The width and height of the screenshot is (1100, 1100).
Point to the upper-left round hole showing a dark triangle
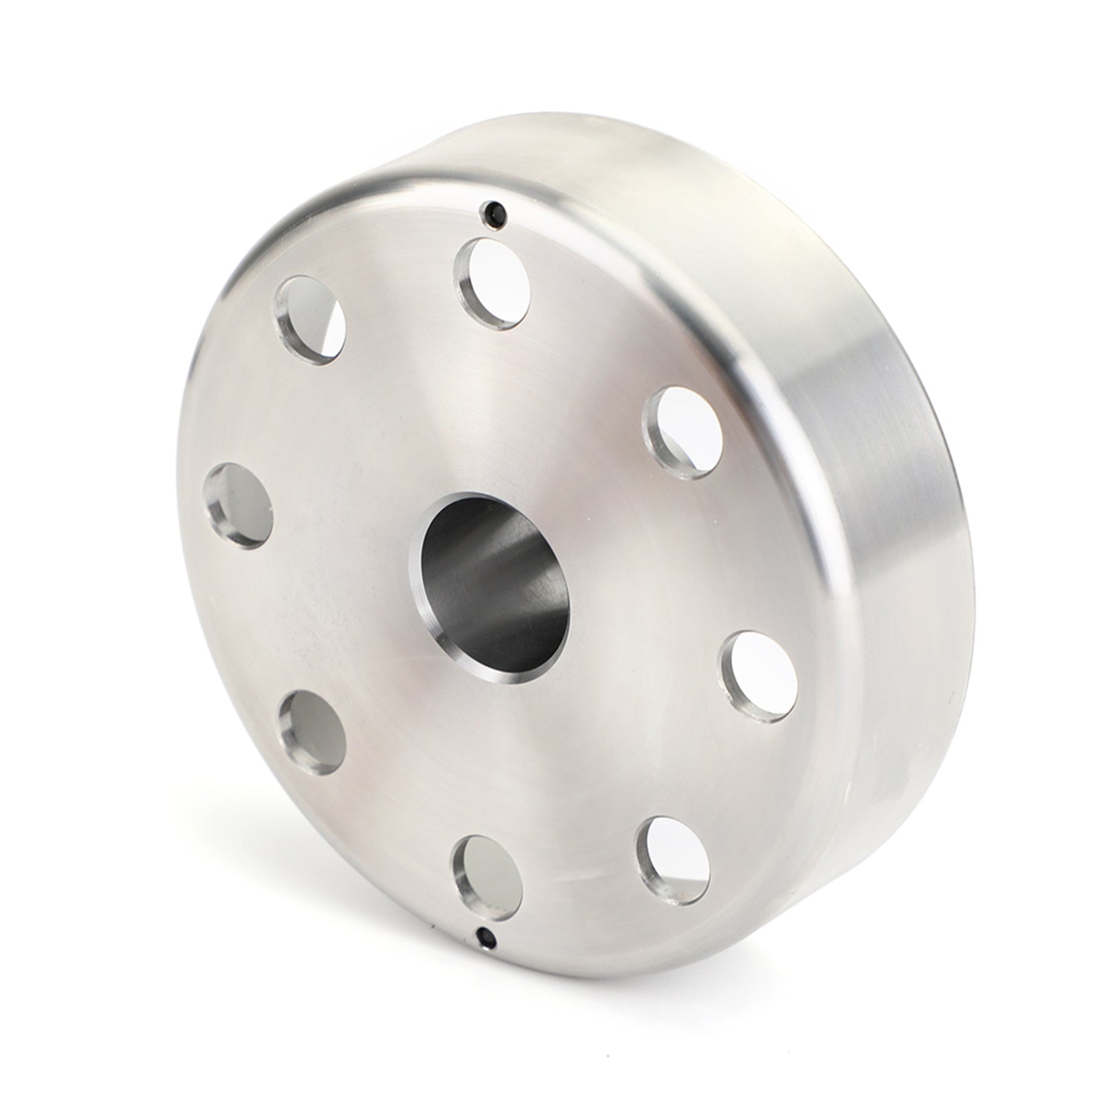pyautogui.click(x=309, y=320)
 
